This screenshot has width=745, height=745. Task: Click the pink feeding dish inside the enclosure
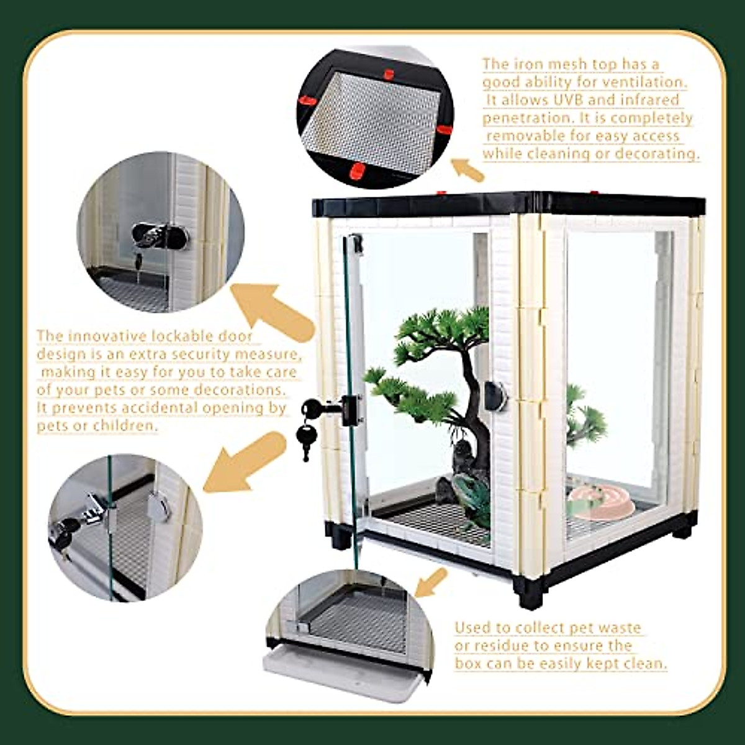click(x=600, y=502)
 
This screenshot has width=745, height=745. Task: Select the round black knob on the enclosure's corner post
click(x=495, y=395)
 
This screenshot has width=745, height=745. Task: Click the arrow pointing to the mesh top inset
click(x=467, y=169)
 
